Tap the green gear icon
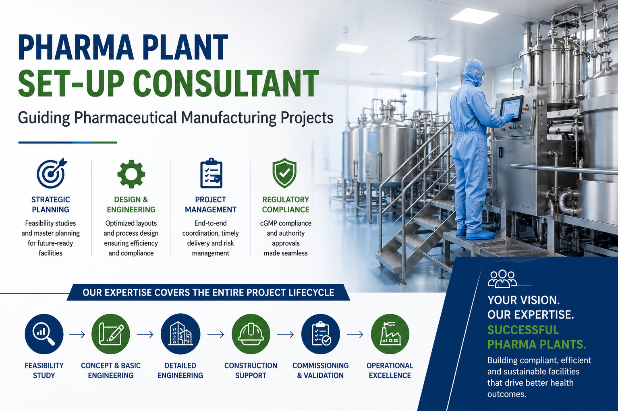131,174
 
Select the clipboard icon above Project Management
211,173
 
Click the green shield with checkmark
284,173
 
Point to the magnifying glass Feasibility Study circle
44,334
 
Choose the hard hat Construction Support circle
251,334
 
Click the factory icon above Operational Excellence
390,334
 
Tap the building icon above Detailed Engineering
180,334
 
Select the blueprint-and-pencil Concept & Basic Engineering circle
111,334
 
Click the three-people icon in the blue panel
502,279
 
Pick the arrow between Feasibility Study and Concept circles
77,335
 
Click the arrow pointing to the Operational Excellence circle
355,335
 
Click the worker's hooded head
474,73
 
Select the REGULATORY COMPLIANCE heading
286,204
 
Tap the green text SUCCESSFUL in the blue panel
523,330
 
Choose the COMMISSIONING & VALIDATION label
321,370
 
